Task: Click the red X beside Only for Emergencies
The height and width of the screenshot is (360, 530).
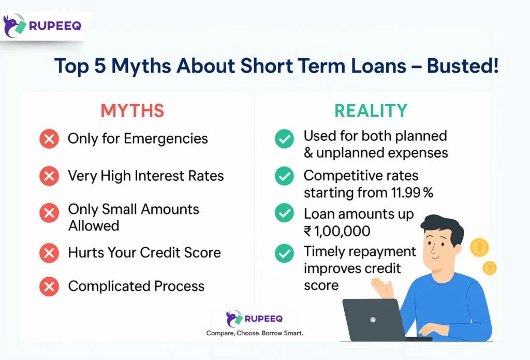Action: [x=49, y=139]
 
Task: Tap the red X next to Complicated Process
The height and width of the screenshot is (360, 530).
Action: [x=49, y=286]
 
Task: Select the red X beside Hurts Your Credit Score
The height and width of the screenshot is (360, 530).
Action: [x=49, y=253]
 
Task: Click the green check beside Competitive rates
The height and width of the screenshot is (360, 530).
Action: [x=284, y=176]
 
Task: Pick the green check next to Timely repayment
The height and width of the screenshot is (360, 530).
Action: [x=284, y=252]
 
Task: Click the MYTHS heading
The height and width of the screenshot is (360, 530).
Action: [x=132, y=110]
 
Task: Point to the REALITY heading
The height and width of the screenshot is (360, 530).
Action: [x=371, y=110]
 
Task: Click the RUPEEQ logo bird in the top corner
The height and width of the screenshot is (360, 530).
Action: [x=14, y=26]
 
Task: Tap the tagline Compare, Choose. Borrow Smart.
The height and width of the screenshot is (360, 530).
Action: [x=254, y=333]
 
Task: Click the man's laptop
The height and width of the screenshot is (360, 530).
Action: [x=373, y=319]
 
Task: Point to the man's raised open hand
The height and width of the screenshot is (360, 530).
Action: [x=381, y=286]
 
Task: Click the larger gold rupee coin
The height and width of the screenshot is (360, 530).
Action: [x=479, y=248]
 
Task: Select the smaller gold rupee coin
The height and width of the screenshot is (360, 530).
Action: [x=489, y=268]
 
